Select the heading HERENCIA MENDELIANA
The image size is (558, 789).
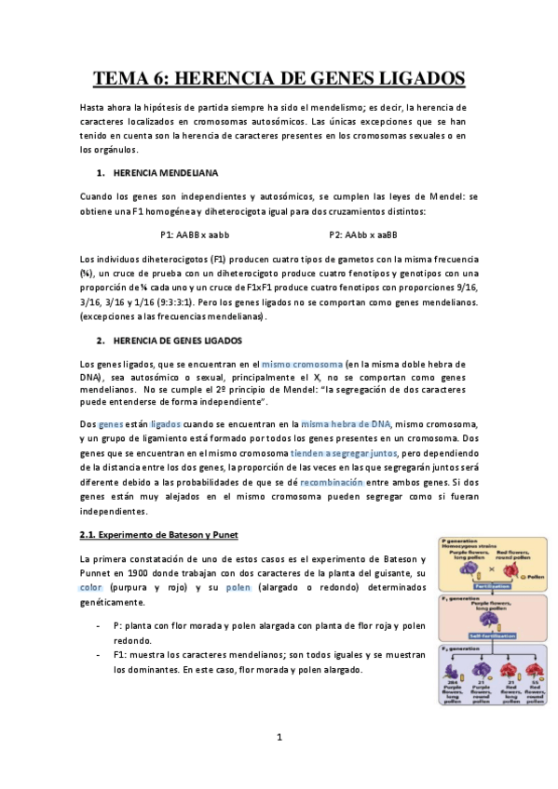pyautogui.click(x=166, y=172)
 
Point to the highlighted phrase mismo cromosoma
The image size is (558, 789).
pyautogui.click(x=302, y=364)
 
